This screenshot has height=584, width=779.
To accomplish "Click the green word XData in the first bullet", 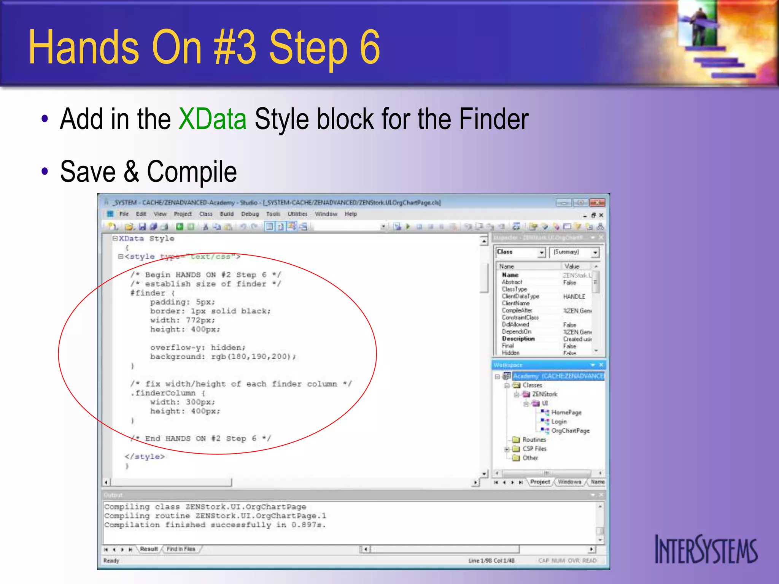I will pyautogui.click(x=212, y=119).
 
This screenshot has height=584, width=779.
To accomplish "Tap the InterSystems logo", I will pyautogui.click(x=706, y=549).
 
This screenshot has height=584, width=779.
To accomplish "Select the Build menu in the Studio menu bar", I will pyautogui.click(x=227, y=214).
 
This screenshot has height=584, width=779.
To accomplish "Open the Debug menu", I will pyautogui.click(x=250, y=214).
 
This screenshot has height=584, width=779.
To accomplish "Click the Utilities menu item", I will pyautogui.click(x=297, y=214).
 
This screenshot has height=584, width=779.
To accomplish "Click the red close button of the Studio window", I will pyautogui.click(x=597, y=203).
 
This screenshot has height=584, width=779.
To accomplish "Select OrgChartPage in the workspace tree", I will pyautogui.click(x=570, y=431).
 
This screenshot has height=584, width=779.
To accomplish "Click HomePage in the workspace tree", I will pyautogui.click(x=566, y=413).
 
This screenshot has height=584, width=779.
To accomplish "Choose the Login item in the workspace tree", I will pyautogui.click(x=559, y=422).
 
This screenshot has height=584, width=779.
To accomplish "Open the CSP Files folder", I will pyautogui.click(x=534, y=449).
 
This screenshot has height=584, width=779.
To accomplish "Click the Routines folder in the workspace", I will pyautogui.click(x=534, y=440).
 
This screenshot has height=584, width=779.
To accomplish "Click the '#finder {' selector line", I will pyautogui.click(x=152, y=293).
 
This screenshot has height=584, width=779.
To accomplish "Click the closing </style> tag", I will pyautogui.click(x=145, y=457).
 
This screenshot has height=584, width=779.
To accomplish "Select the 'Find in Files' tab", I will pyautogui.click(x=181, y=549).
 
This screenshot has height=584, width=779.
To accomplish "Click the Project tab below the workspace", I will pyautogui.click(x=540, y=482).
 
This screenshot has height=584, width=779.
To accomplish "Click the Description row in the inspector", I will pyautogui.click(x=518, y=339).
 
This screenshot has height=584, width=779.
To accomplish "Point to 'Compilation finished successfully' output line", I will pyautogui.click(x=215, y=525).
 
